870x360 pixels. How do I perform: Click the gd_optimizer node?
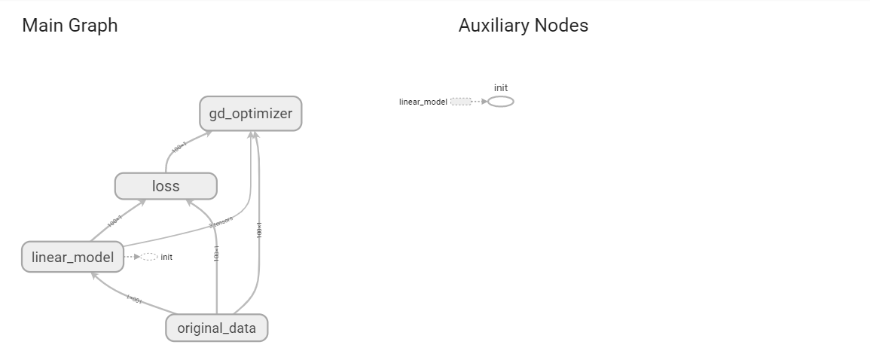click(251, 114)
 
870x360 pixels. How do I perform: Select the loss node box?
click(166, 186)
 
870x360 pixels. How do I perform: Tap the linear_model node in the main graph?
click(72, 257)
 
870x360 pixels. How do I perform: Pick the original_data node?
click(216, 328)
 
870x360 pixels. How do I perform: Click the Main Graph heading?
click(70, 26)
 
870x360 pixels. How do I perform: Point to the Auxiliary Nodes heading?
click(523, 26)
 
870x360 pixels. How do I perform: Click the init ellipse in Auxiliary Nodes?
click(501, 102)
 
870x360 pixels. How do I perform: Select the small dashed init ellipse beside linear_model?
click(149, 257)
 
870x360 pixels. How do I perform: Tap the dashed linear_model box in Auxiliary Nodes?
click(460, 102)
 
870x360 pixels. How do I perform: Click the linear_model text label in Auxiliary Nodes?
click(423, 102)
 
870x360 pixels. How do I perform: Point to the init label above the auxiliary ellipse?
click(501, 88)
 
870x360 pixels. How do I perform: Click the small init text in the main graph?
click(166, 258)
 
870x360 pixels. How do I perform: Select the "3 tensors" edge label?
click(221, 221)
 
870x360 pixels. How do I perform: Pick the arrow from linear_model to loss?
click(115, 222)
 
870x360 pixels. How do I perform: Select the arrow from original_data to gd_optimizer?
click(259, 230)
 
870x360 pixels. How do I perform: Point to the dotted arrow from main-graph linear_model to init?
click(132, 257)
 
